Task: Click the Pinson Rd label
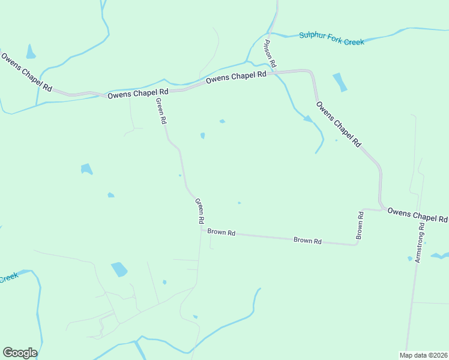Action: (270, 54)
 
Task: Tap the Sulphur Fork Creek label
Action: (332, 38)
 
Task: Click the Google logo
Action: (20, 353)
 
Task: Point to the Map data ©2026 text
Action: (423, 355)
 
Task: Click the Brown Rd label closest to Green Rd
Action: (221, 232)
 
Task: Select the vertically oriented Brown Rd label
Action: (360, 225)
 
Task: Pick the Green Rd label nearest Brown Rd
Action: (200, 212)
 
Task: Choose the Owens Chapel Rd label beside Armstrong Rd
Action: (418, 214)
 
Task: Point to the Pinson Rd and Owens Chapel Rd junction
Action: (274, 72)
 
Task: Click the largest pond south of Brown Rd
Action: (119, 269)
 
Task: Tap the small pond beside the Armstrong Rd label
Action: (410, 259)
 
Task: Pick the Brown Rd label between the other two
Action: (307, 241)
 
